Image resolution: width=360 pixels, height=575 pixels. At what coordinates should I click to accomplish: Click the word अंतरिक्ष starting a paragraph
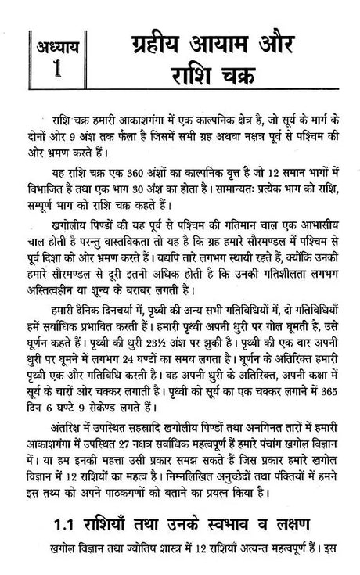59,425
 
